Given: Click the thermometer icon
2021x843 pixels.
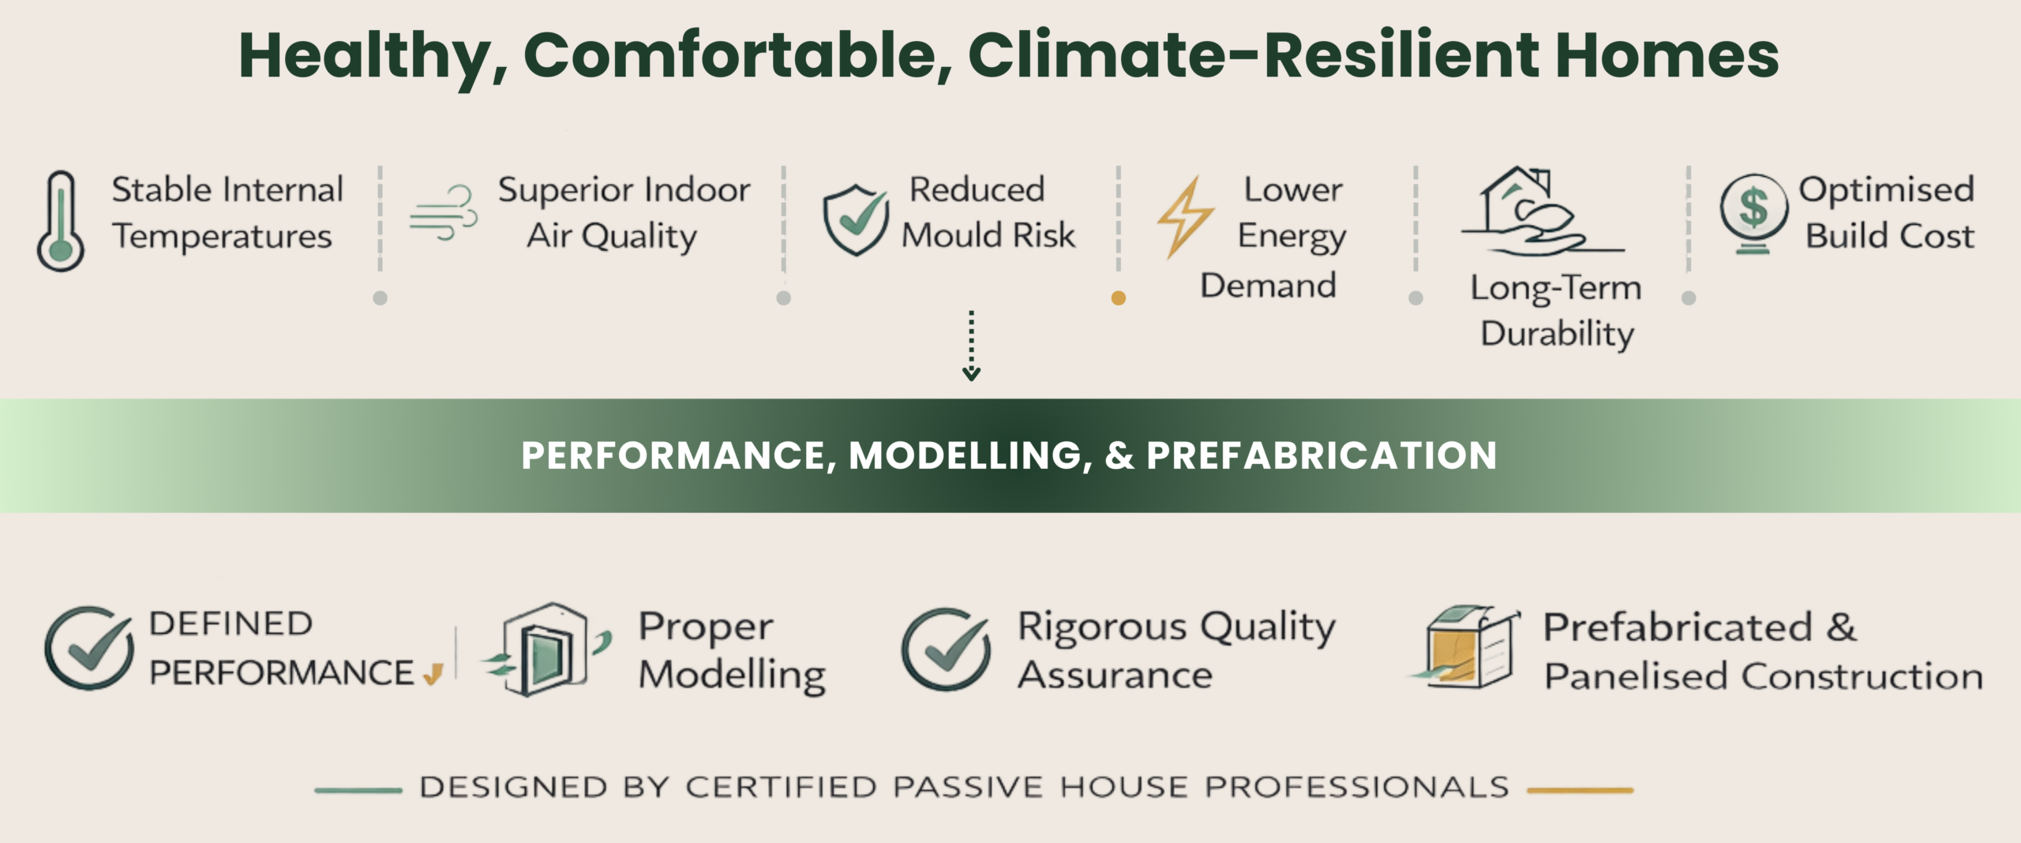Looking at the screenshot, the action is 61,221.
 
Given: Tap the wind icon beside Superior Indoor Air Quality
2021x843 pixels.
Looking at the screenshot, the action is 444,212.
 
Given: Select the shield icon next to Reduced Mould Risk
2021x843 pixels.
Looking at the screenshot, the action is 855,220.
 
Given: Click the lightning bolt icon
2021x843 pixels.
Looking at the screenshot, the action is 1185,217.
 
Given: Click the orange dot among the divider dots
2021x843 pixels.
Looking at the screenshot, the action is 1118,298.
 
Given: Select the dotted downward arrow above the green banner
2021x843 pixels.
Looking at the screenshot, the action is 971,346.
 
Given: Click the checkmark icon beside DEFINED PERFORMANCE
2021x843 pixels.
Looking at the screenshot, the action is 89,648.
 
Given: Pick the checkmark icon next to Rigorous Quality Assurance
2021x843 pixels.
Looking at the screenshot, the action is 946,649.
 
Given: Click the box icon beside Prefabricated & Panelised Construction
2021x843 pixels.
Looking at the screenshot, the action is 1465,647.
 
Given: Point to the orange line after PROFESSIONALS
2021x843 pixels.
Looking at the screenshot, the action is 1580,789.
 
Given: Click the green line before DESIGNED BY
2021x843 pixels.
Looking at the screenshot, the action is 358,789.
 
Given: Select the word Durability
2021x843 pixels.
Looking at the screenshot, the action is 1557,335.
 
